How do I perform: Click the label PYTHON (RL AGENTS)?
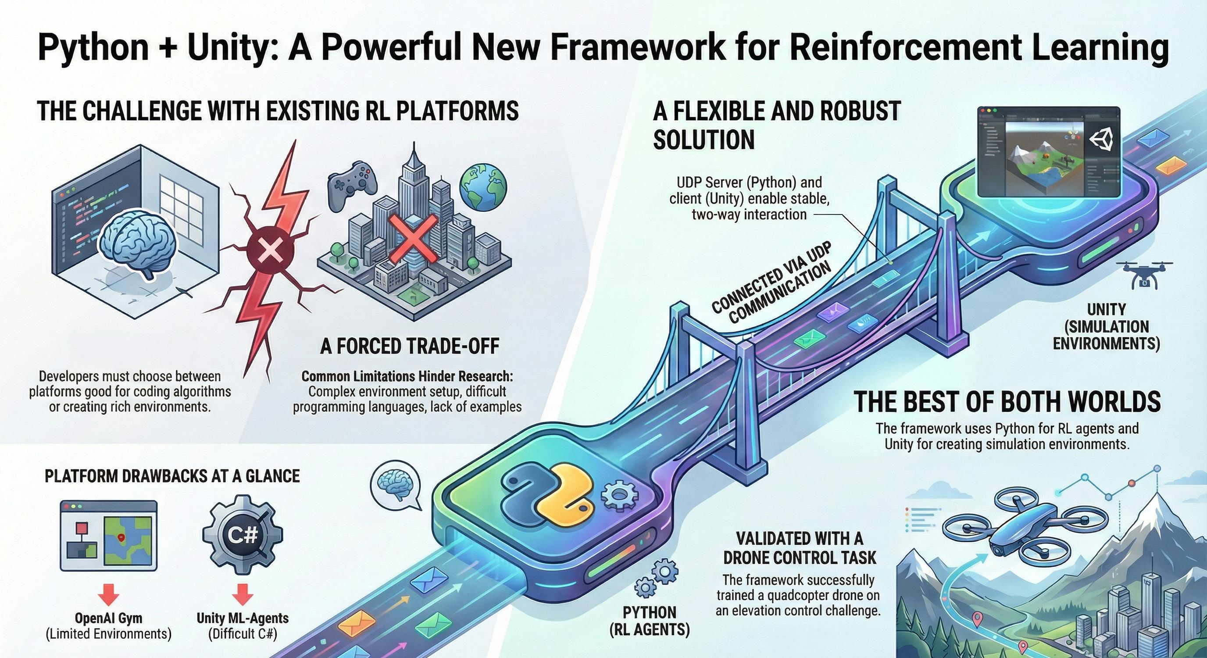pos(650,621)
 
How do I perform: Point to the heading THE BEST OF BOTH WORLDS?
pos(1007,402)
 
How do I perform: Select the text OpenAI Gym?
pos(108,618)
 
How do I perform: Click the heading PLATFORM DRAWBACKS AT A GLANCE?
pos(172,476)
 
